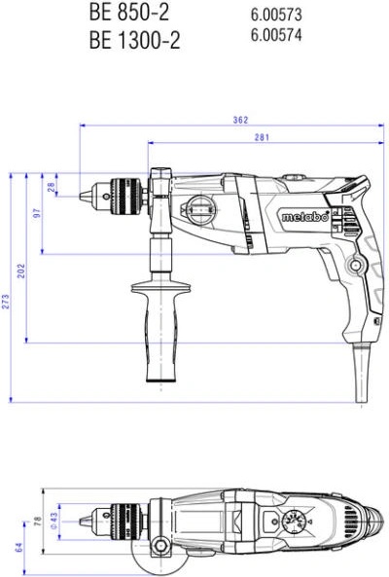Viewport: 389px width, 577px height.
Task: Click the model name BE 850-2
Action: (x=129, y=12)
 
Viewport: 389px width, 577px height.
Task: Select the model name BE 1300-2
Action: (x=134, y=40)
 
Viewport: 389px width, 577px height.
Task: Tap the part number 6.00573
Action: (x=276, y=15)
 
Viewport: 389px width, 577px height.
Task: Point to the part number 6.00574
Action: (x=276, y=35)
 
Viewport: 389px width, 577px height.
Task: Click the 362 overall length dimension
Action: (x=240, y=120)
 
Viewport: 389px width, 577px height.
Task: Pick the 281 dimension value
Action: (x=262, y=137)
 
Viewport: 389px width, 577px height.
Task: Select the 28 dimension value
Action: (x=52, y=187)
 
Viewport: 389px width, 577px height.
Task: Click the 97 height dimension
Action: (x=37, y=213)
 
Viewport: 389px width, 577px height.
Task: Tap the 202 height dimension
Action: (x=21, y=270)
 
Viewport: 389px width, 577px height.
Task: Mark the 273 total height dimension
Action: (x=6, y=302)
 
